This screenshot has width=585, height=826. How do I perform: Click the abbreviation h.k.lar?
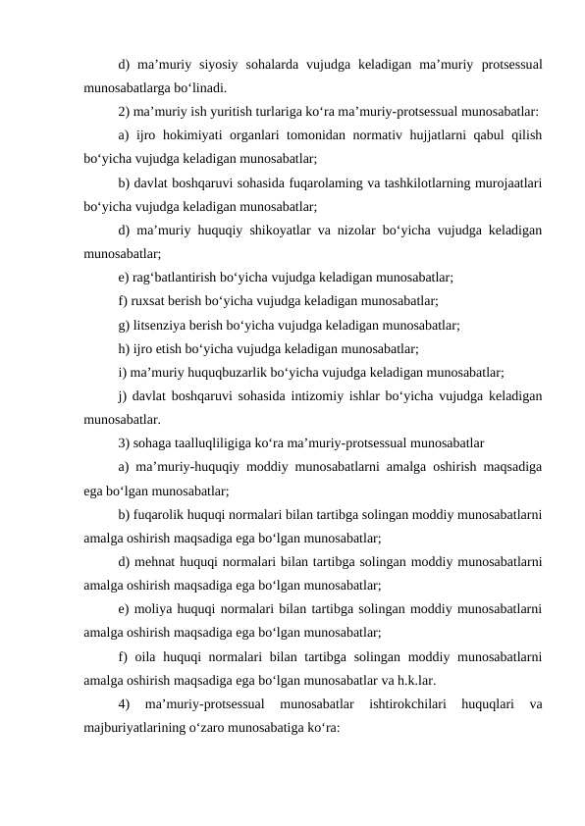click(414, 677)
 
